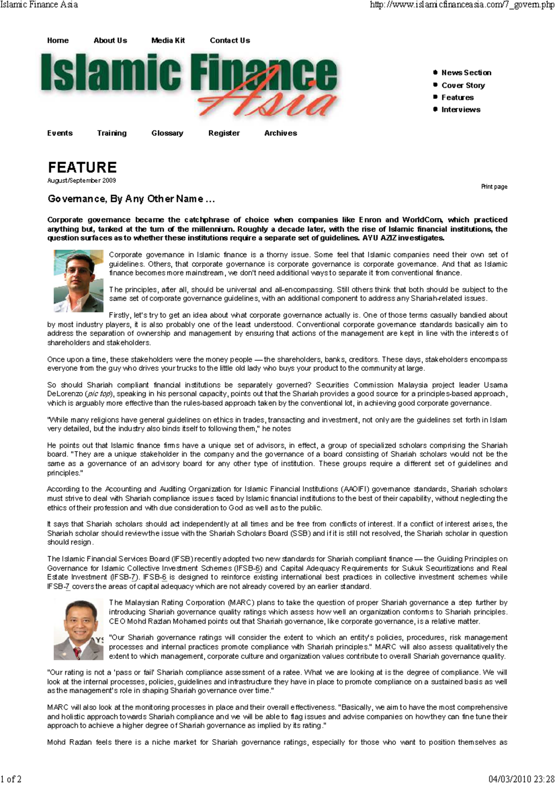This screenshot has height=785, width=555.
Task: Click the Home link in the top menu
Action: (x=58, y=41)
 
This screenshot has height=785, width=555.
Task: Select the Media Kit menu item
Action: (x=168, y=41)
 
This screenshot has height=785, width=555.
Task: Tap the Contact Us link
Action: (x=230, y=41)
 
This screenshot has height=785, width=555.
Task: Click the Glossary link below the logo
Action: (x=167, y=133)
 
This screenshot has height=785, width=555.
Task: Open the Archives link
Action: (x=280, y=133)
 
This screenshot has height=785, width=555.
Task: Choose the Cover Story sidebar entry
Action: (x=463, y=86)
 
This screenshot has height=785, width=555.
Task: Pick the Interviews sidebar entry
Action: (x=461, y=110)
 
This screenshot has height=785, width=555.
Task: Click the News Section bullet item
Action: (x=466, y=73)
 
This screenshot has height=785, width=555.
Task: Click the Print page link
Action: (x=494, y=187)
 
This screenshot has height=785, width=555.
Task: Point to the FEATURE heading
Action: (x=82, y=167)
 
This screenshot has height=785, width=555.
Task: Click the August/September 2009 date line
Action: (x=81, y=181)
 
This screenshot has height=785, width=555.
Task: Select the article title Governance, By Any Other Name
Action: (x=131, y=199)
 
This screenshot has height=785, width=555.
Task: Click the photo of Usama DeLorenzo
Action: (x=78, y=281)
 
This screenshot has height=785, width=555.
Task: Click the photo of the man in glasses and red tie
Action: (x=78, y=629)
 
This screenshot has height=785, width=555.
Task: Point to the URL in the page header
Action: (x=462, y=5)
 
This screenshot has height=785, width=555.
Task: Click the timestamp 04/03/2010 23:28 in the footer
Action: (x=521, y=779)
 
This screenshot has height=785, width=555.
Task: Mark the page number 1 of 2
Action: (x=11, y=779)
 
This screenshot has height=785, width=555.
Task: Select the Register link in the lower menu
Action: (x=224, y=133)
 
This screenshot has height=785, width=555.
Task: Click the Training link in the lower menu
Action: (x=111, y=133)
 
